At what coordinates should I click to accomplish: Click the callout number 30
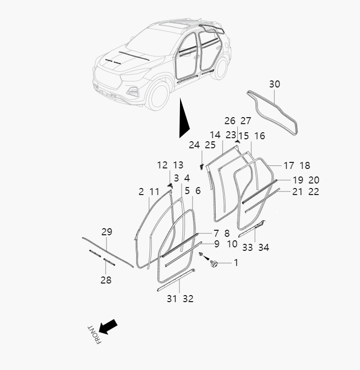coord(275,84)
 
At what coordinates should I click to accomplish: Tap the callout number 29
coord(107,232)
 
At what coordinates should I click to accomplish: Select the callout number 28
coord(106,280)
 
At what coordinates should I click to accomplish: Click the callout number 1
coord(236,262)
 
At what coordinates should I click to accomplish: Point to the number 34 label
coord(263,247)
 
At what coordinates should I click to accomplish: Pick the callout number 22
coord(314,192)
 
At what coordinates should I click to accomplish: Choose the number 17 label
coord(289,166)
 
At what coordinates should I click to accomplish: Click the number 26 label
coord(230,121)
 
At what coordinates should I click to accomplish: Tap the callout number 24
coord(194,145)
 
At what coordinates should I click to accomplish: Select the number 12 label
coord(162,165)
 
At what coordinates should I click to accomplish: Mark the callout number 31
coord(172,299)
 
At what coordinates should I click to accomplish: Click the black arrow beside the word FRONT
coord(108,327)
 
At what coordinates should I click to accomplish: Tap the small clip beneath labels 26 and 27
coord(237,141)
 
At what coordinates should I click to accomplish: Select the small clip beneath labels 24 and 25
coord(201,167)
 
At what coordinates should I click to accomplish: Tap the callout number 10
coord(232,244)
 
